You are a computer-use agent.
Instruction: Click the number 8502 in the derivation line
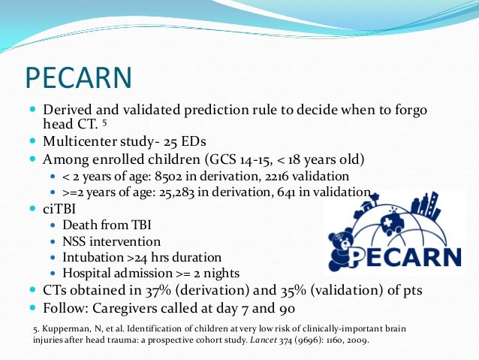189,176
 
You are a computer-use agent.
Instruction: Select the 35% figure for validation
281,289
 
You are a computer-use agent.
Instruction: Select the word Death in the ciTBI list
80,224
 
